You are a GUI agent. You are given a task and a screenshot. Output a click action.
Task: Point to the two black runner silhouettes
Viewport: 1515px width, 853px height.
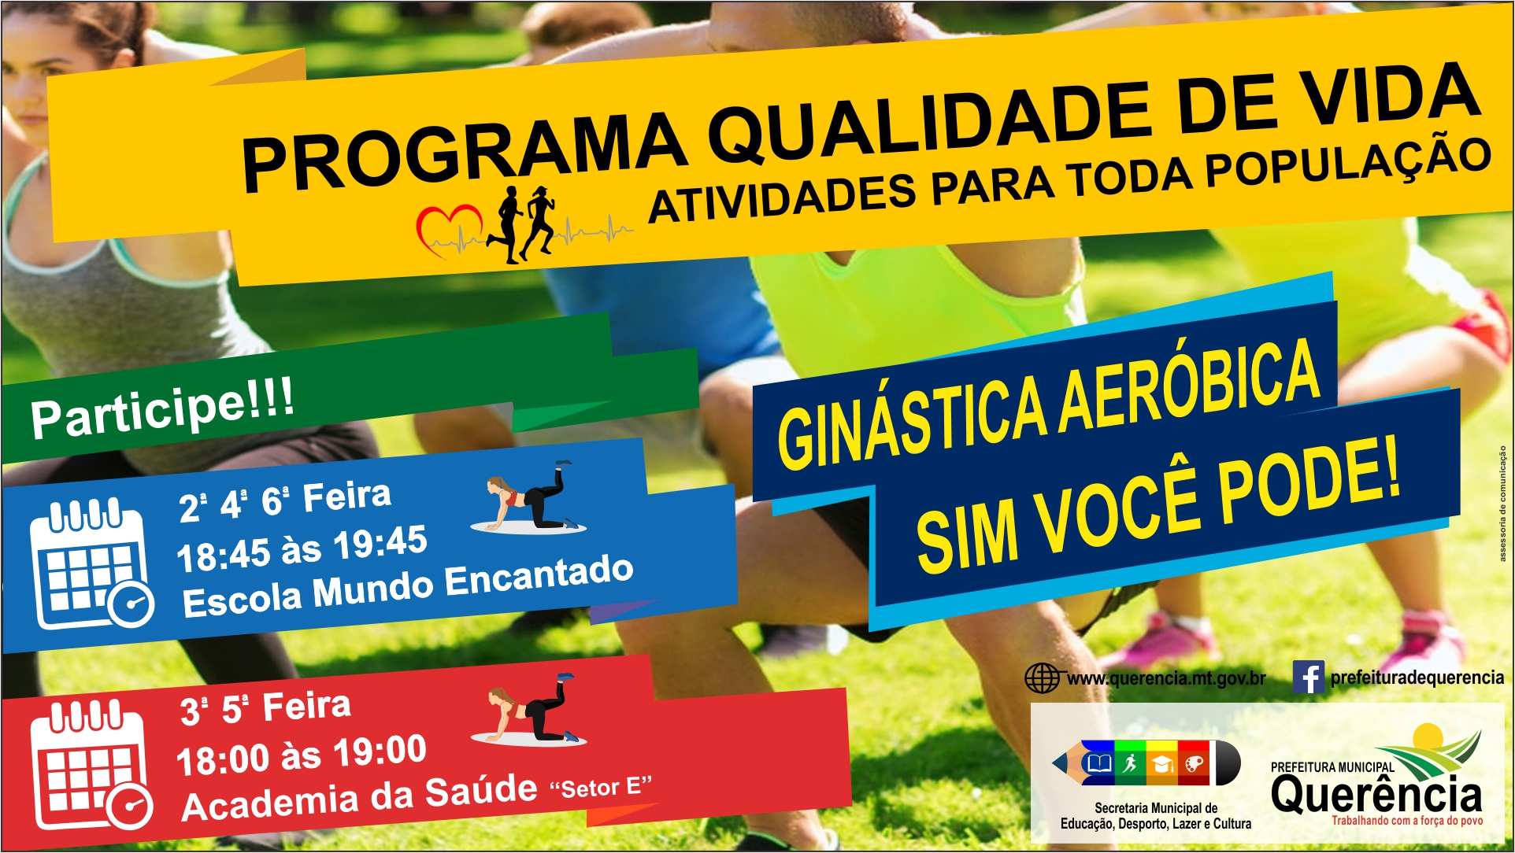[x=521, y=223]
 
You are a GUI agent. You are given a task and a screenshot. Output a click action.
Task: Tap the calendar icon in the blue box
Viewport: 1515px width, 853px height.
[x=91, y=563]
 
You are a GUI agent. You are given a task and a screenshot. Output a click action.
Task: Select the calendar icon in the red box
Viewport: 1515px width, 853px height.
[x=91, y=764]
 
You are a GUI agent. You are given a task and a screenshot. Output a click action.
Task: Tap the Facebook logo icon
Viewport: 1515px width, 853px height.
[x=1308, y=677]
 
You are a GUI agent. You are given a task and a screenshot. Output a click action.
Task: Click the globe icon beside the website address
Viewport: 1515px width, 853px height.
[x=1042, y=678]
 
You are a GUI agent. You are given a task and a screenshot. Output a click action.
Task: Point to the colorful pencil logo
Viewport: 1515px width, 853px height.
[x=1146, y=763]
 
